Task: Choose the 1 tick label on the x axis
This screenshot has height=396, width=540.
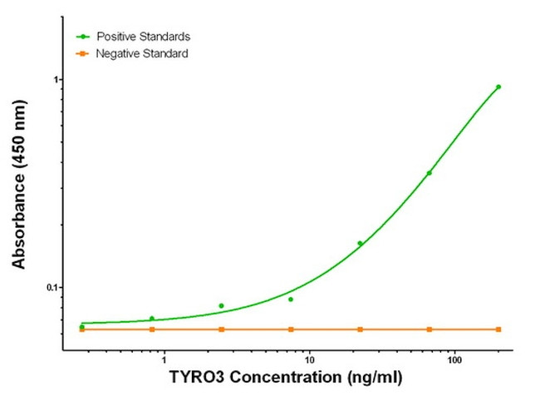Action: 164,359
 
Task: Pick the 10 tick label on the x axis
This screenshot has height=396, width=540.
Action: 309,359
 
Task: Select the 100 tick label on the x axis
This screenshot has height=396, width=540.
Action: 454,359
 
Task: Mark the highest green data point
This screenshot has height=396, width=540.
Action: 498,87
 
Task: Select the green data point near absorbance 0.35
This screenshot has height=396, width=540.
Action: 430,173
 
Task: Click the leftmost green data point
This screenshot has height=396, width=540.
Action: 82,326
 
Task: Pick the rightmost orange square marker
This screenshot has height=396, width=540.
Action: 498,329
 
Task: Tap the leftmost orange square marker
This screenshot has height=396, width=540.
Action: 82,330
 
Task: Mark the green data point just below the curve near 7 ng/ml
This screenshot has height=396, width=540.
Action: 291,299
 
